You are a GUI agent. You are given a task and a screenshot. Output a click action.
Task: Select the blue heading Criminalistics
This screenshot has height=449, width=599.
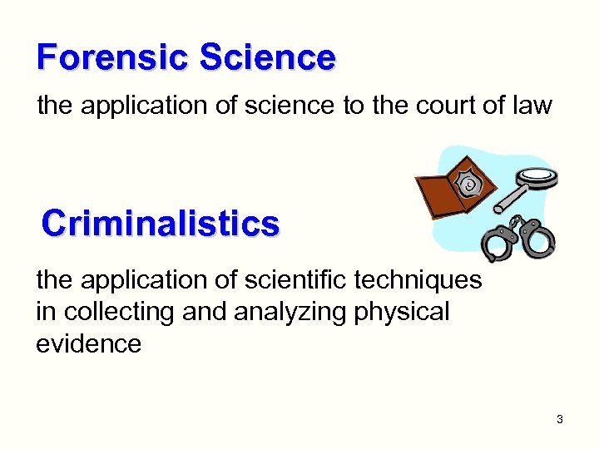tap(161, 224)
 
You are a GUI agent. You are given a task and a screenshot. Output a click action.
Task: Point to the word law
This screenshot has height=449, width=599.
tap(531, 106)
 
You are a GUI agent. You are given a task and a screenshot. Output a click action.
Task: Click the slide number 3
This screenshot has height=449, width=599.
tap(560, 419)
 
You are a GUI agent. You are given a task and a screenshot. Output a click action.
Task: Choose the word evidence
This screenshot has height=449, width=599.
tap(88, 344)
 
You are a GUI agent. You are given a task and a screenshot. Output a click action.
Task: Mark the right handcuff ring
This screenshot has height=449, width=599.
tap(540, 240)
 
